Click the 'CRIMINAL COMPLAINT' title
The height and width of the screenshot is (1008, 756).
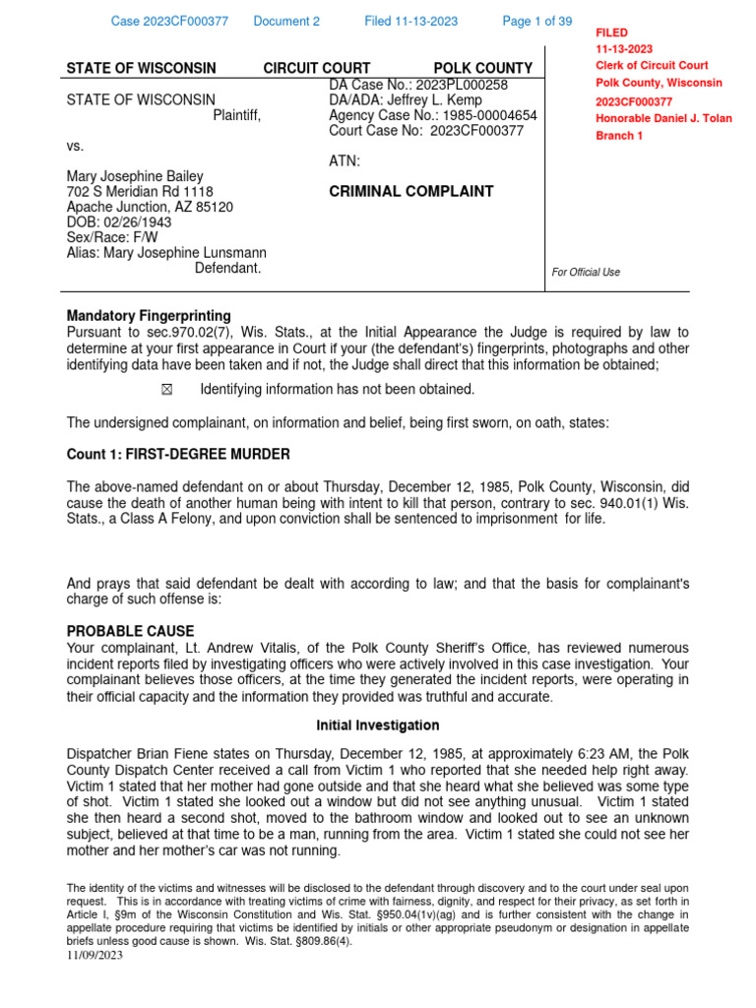pos(410,191)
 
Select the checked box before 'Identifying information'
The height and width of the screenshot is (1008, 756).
pos(165,389)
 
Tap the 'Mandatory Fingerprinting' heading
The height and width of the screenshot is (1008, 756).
pos(149,316)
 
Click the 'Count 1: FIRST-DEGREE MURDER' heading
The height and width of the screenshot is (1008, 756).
pos(178,454)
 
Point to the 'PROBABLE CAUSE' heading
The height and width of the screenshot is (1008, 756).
pos(130,631)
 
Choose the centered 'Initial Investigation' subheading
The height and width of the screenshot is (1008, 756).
pos(377,725)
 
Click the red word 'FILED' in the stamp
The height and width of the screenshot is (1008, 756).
pos(611,32)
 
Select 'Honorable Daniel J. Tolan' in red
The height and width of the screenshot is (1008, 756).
pos(663,118)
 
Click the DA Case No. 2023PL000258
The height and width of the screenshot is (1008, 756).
pos(463,85)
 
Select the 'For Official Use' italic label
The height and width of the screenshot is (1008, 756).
pos(587,272)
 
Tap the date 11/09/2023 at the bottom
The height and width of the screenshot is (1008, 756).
pos(95,954)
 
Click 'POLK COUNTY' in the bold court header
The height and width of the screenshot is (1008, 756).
pos(482,68)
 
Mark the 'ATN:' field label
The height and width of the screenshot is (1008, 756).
pos(345,160)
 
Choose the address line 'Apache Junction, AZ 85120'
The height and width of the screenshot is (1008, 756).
pos(150,207)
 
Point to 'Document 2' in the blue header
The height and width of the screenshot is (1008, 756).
pos(286,21)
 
